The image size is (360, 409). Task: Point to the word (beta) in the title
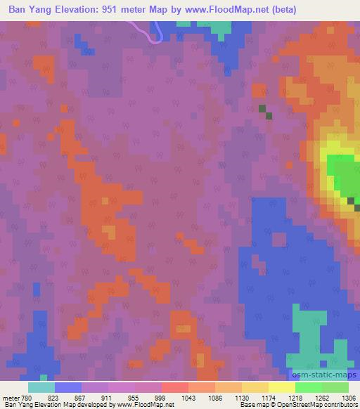pyautogui.click(x=281, y=10)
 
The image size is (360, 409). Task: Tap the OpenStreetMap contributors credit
pyautogui.click(x=317, y=405)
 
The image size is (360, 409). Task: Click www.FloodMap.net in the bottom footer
pyautogui.click(x=144, y=405)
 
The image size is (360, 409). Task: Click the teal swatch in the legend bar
pyautogui.click(x=41, y=387)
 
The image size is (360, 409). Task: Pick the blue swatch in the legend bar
pyautogui.click(x=68, y=387)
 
